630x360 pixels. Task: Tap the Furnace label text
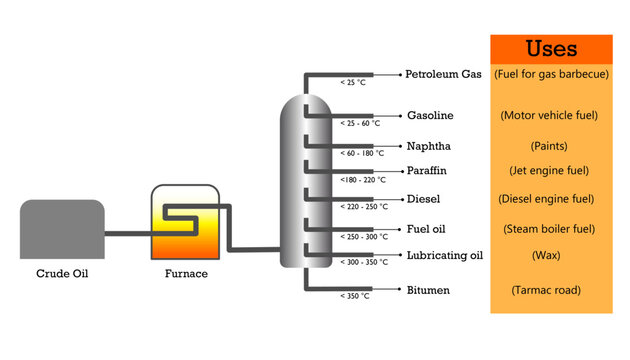pos(185,273)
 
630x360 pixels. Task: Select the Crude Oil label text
pos(62,273)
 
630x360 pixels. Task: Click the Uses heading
pos(550,49)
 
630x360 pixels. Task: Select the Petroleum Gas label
pos(443,74)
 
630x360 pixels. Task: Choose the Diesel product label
pos(424,199)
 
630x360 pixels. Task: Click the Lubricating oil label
pos(445,255)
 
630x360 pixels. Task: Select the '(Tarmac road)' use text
pos(546,291)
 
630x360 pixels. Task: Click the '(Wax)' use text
pos(546,256)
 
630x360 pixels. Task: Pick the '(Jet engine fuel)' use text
pos(549,171)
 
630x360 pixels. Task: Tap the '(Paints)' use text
pos(549,146)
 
